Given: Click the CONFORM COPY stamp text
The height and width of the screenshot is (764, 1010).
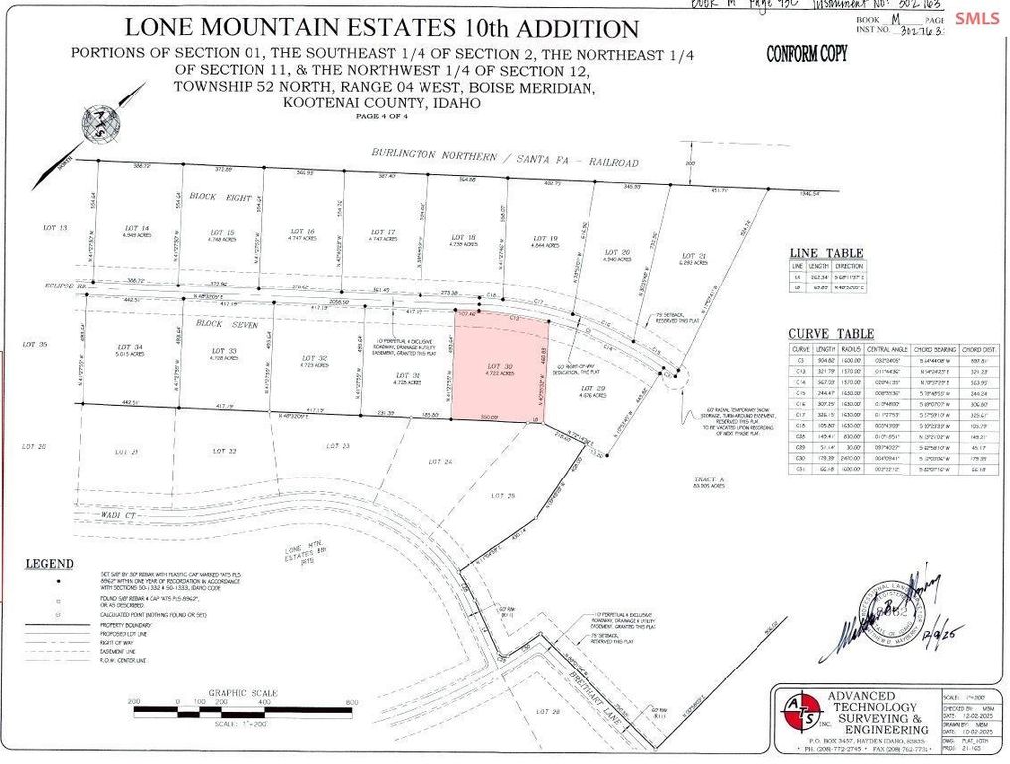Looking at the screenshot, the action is click(806, 55).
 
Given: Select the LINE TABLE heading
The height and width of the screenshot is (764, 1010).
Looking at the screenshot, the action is click(825, 253).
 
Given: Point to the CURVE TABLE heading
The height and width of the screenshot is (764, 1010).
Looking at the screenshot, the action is click(831, 334).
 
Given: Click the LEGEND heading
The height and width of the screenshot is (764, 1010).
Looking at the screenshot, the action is click(51, 564).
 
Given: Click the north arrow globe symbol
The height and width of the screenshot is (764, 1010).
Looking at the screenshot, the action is click(102, 123).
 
